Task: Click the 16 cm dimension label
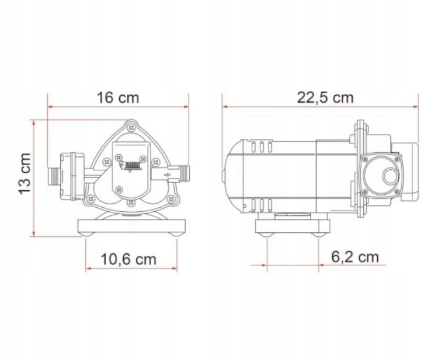(x=117, y=97)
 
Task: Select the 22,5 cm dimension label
(x=325, y=98)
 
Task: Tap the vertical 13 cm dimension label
(x=25, y=173)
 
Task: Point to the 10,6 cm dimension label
(x=128, y=259)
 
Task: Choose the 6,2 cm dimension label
(x=355, y=257)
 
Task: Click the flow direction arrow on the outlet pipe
(x=168, y=175)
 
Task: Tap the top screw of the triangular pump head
(x=130, y=128)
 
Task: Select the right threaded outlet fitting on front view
(x=184, y=173)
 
